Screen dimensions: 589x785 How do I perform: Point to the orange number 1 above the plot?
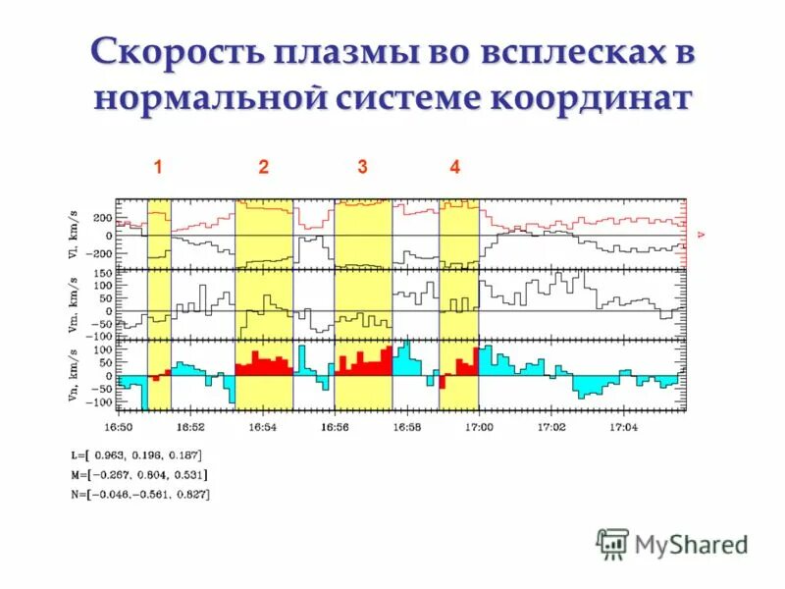(x=157, y=168)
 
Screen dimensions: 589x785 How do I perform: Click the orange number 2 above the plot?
(x=263, y=168)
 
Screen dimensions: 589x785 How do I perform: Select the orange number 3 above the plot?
(x=362, y=168)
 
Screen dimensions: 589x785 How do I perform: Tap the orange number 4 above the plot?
(x=454, y=168)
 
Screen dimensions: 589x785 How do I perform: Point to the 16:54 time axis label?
(x=263, y=427)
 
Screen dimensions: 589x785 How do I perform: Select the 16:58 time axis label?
(x=406, y=427)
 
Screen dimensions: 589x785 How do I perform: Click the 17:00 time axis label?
(x=479, y=427)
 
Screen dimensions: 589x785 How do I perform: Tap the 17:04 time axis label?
(x=623, y=427)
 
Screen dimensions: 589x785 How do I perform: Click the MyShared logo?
(x=673, y=542)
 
